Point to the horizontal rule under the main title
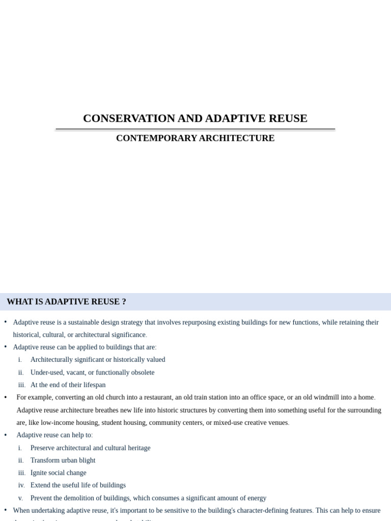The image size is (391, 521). click(195, 129)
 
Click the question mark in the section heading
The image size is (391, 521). click(124, 302)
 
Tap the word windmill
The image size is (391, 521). click(326, 397)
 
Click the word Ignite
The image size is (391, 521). click(40, 473)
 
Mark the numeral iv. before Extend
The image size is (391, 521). click(21, 485)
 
